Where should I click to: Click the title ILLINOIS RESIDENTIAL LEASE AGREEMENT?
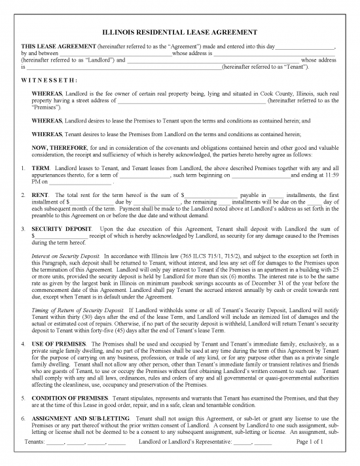tap(180, 32)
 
